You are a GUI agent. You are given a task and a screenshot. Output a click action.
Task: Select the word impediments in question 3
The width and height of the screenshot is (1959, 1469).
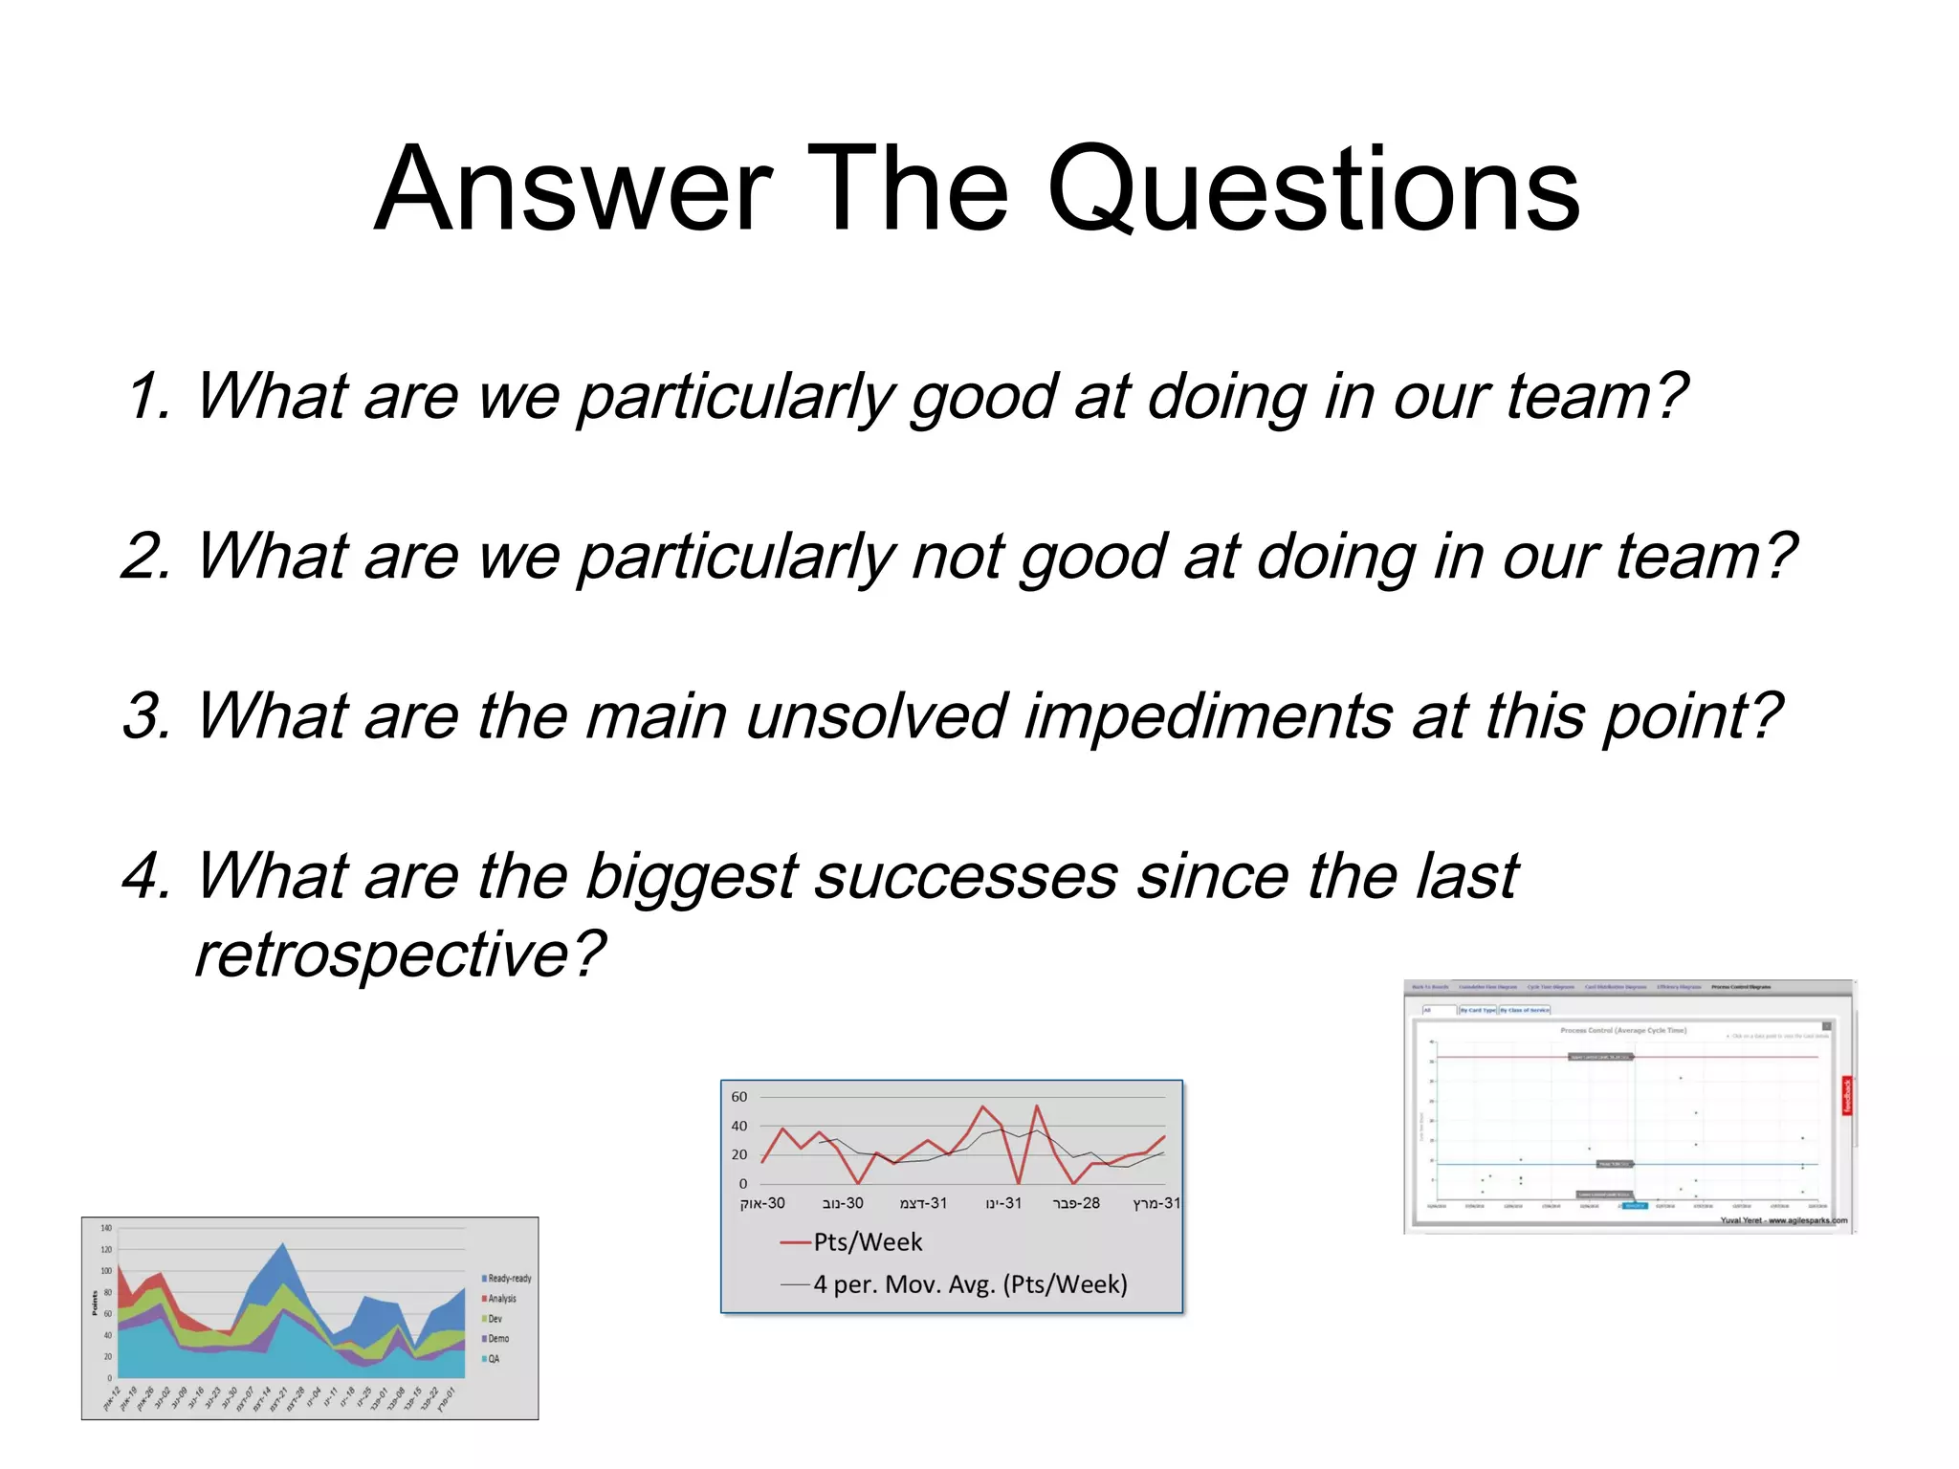click(x=1207, y=716)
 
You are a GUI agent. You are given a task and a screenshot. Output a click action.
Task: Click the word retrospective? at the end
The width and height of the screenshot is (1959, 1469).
click(x=400, y=954)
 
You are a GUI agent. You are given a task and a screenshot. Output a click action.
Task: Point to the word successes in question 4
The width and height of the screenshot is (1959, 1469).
click(x=965, y=876)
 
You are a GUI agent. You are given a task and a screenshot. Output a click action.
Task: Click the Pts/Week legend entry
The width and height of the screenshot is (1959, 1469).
click(x=867, y=1242)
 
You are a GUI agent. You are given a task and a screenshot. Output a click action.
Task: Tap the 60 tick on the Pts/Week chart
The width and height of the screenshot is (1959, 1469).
click(x=739, y=1097)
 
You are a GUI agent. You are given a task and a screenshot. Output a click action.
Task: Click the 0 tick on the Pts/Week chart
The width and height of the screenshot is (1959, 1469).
click(x=743, y=1184)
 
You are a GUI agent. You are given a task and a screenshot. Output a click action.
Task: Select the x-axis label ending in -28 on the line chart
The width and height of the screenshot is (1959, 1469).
click(x=1076, y=1203)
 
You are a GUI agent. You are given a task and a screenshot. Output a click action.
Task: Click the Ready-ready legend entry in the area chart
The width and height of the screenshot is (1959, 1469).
click(x=509, y=1279)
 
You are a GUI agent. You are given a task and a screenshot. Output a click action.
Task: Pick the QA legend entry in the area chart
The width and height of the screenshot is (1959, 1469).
click(x=494, y=1359)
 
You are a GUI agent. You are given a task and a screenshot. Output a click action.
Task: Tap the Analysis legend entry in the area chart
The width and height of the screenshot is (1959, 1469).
click(x=501, y=1299)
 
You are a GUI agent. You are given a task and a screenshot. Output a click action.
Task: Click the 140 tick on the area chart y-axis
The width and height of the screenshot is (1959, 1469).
click(x=106, y=1228)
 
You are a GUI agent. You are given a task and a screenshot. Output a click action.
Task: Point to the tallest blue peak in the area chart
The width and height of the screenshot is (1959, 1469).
click(x=282, y=1245)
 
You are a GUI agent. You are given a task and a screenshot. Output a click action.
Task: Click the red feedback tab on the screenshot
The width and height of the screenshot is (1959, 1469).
click(x=1847, y=1096)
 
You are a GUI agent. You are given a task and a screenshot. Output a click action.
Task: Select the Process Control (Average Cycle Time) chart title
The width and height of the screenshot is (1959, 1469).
click(x=1623, y=1031)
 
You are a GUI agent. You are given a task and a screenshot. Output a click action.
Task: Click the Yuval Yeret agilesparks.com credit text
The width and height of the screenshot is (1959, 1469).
click(x=1783, y=1220)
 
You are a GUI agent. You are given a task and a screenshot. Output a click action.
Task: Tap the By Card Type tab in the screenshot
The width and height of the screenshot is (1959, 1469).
click(x=1477, y=1010)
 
